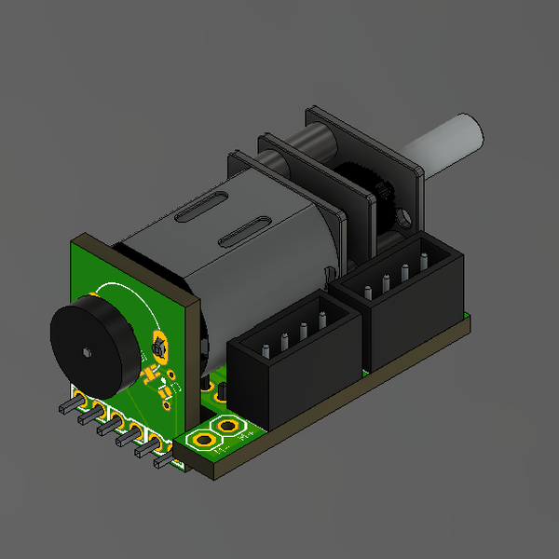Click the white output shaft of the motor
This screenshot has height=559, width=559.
click(452, 142)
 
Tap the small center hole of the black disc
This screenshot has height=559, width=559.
click(86, 351)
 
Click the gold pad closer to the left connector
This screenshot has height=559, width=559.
click(227, 427)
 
